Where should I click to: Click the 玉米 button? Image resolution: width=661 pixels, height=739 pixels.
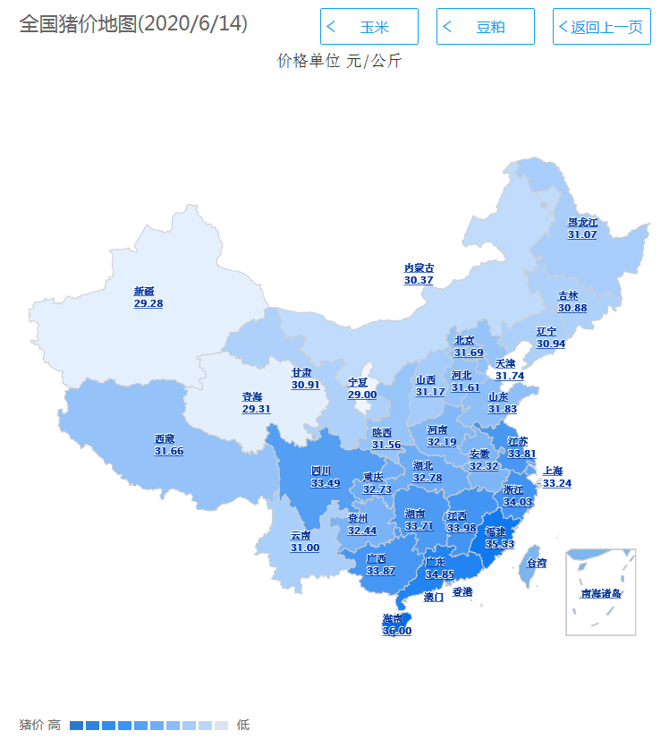pos(369,27)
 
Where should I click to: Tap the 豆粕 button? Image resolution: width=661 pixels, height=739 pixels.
pos(485,27)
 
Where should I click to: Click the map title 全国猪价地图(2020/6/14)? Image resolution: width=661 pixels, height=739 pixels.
pos(133,24)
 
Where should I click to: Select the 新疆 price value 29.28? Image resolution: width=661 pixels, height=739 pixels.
pos(148,304)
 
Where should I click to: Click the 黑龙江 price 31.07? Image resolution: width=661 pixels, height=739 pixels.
pos(582,234)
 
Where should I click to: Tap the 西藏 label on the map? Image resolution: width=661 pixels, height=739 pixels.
pos(165,439)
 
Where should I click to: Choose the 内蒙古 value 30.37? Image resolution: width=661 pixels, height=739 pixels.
pos(419,280)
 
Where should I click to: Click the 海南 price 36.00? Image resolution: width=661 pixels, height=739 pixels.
pos(397,631)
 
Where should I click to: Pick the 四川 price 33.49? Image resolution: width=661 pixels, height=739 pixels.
pos(326,483)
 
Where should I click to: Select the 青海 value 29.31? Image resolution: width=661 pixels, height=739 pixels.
pos(256,409)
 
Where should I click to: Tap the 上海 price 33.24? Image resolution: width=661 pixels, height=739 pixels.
pos(557,483)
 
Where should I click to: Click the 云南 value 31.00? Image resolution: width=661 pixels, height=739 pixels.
pos(305,548)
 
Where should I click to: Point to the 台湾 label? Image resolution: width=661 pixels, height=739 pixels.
pos(537,564)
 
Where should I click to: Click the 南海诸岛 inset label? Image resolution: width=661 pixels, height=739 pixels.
pos(600,593)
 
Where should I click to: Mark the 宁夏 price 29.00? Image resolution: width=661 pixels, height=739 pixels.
pos(362,395)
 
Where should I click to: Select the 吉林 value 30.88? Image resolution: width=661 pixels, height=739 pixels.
pos(572,308)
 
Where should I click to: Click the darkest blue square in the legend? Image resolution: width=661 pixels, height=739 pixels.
pos(76,725)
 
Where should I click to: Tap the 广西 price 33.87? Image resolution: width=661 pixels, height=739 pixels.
pos(380,571)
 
